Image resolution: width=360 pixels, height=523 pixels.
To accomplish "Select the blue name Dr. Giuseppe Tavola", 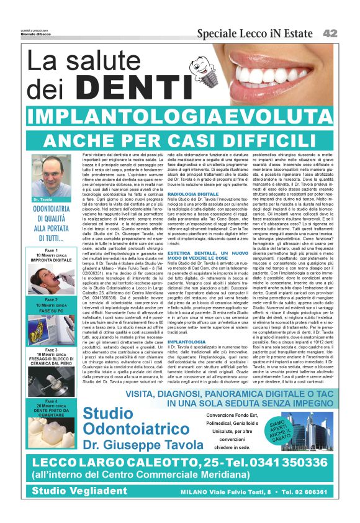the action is click(145, 446).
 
